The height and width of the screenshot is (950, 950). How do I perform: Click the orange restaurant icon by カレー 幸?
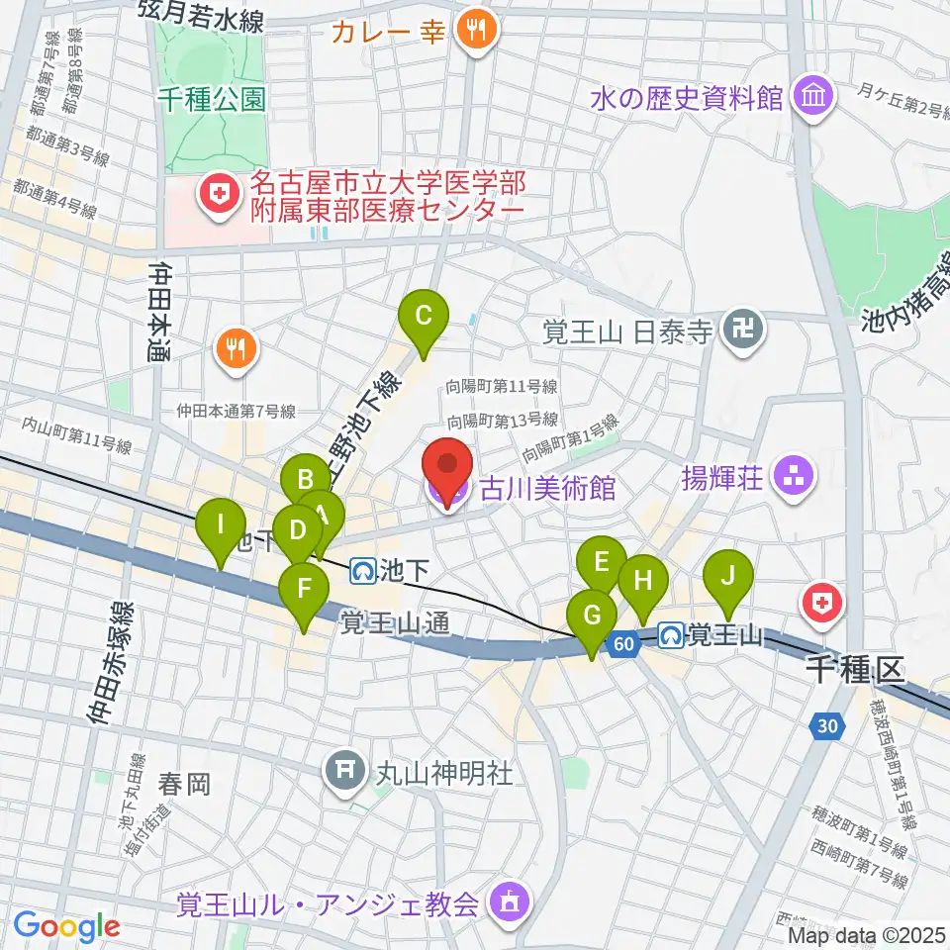pyautogui.click(x=476, y=30)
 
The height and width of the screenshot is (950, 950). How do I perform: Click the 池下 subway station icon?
pyautogui.click(x=361, y=570)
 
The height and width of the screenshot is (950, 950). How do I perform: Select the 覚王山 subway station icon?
pyautogui.click(x=672, y=634)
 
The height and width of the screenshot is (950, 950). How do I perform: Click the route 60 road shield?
pyautogui.click(x=621, y=644)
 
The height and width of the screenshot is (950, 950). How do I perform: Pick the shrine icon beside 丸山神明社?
pyautogui.click(x=346, y=771)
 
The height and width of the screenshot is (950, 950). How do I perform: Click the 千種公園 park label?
pyautogui.click(x=212, y=99)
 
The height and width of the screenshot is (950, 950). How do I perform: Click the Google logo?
pyautogui.click(x=66, y=926)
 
